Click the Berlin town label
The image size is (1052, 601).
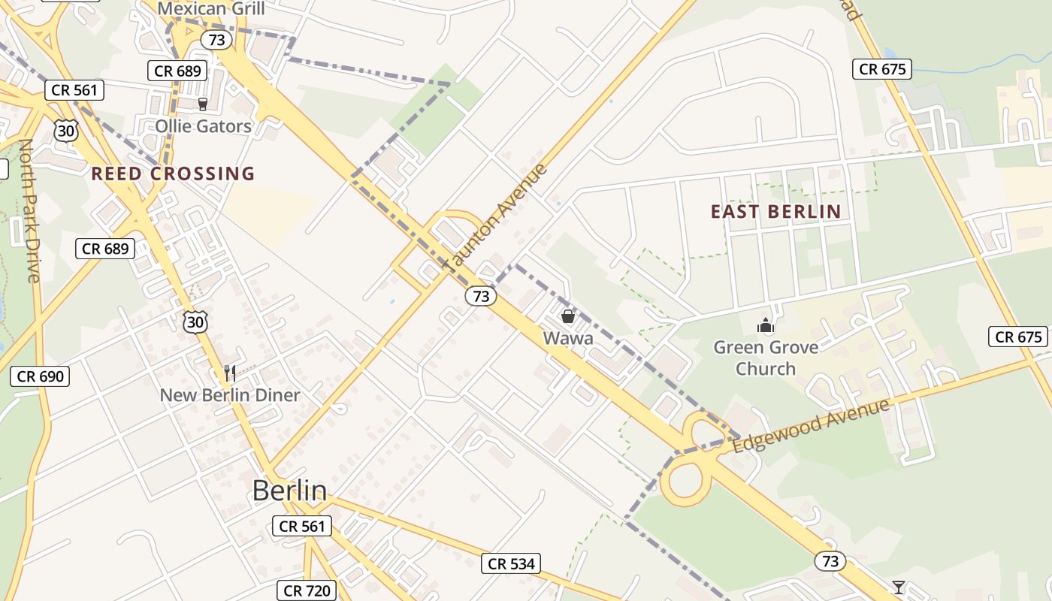[x=289, y=491]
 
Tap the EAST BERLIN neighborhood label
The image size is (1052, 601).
[x=775, y=212]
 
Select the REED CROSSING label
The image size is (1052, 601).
[x=173, y=174]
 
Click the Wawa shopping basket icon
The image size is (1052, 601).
[x=568, y=316]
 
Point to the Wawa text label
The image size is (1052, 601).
[x=568, y=338]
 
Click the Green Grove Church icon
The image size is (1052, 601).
[x=765, y=325]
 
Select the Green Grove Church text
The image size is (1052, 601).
[x=765, y=358]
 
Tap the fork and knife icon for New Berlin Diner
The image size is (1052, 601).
[x=231, y=373]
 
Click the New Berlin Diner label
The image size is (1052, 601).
[x=230, y=395]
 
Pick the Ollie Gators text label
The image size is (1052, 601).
[x=203, y=125]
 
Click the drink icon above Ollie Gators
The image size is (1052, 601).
[x=202, y=104]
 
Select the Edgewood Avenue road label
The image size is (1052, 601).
[x=811, y=426]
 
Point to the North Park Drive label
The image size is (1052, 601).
[x=30, y=210]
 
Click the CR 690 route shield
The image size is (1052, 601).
[x=40, y=376]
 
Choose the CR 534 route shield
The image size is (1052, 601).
[x=511, y=563]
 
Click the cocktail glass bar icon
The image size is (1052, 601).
[x=898, y=587]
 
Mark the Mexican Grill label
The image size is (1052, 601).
[x=211, y=9]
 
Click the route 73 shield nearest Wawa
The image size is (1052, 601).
[x=481, y=296]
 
